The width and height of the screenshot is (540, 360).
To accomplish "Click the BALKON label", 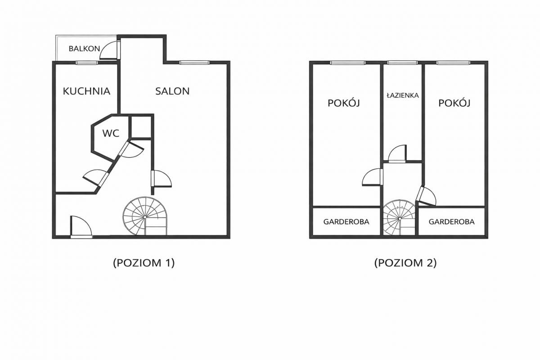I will pos(84,49).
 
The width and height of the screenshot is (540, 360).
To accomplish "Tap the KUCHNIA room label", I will pos(86,91).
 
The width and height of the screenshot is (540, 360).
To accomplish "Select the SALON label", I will pos(172,91).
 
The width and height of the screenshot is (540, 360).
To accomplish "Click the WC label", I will pos(111,133).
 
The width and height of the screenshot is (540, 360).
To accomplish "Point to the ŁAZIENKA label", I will pos(403,95).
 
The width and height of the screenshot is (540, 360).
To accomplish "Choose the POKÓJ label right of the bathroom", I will pos(454,103).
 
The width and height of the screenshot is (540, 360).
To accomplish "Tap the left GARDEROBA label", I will pos(346,222).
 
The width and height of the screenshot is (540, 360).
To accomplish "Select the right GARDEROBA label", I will pos(451,222).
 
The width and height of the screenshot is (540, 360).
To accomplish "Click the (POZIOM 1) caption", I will pos(144,263).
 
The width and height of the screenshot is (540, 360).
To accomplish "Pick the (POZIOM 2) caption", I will pos(405,263).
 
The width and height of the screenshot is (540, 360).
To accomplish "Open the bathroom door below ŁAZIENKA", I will pos(398,153).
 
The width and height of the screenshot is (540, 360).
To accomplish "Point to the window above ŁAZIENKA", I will pos(402,63).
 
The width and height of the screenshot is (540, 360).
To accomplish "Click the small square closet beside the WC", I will pos(140,127).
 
